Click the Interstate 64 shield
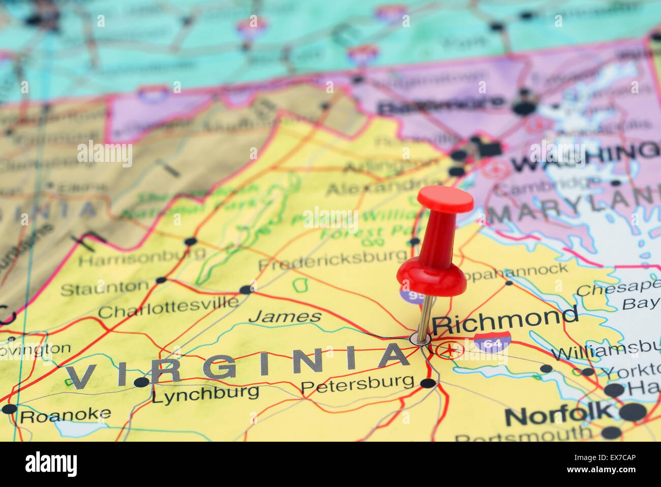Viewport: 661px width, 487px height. click(492, 342)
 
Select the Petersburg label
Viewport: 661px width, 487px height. click(357, 383)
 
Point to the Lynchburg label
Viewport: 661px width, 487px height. click(205, 393)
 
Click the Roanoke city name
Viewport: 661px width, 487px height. click(66, 415)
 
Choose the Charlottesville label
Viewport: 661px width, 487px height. click(168, 307)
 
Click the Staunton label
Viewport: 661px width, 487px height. click(105, 288)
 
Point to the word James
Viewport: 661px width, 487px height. click(285, 317)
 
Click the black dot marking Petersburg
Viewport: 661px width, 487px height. click(428, 383)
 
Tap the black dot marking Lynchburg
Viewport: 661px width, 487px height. click(141, 382)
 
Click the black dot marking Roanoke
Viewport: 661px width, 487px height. click(9, 409)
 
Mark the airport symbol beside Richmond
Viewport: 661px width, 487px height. click(449, 350)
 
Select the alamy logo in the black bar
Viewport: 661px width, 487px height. click(51, 464)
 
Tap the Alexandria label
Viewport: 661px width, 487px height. click(382, 187)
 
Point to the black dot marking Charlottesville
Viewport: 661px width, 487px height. click(246, 290)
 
